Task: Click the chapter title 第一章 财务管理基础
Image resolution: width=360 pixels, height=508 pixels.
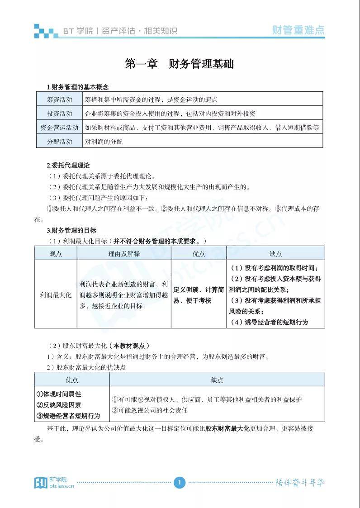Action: [x=179, y=64]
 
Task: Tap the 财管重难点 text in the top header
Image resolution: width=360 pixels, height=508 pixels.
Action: [x=298, y=30]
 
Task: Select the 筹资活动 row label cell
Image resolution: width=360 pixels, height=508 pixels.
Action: [x=59, y=99]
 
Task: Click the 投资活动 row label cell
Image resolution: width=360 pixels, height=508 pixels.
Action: [x=59, y=113]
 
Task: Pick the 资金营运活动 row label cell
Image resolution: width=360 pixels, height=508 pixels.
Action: [x=59, y=127]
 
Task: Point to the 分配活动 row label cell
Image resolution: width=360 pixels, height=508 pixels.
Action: [x=59, y=141]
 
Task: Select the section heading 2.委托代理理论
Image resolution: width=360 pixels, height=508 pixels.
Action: [x=68, y=165]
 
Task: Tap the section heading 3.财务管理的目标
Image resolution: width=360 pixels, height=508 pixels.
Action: [x=71, y=230]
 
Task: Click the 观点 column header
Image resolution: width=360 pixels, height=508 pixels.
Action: [x=56, y=253]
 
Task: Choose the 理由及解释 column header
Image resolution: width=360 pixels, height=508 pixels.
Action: [x=124, y=253]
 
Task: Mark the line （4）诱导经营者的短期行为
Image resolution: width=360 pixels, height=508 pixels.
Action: [x=269, y=322]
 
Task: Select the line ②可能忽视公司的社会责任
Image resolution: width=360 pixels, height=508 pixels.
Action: [x=149, y=410]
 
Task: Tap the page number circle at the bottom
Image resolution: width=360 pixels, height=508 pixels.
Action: [x=180, y=483]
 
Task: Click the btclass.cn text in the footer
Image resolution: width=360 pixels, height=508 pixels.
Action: [x=62, y=486]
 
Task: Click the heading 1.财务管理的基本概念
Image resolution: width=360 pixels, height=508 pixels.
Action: [x=78, y=86]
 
